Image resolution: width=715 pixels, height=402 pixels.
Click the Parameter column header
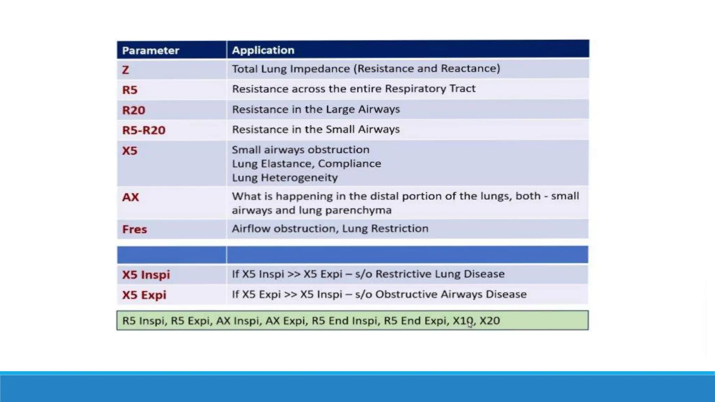(x=150, y=51)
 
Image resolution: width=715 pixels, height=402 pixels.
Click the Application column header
(x=263, y=50)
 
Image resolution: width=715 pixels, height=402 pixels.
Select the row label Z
(x=126, y=70)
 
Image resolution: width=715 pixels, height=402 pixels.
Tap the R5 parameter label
(x=130, y=90)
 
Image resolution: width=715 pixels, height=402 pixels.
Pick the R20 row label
(x=134, y=110)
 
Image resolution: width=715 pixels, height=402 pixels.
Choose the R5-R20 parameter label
(x=144, y=130)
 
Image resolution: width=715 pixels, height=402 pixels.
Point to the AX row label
(x=131, y=197)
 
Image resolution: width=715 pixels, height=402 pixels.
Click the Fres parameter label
(x=134, y=229)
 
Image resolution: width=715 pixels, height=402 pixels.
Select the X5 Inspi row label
(x=146, y=275)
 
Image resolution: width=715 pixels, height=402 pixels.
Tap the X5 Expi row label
(x=144, y=295)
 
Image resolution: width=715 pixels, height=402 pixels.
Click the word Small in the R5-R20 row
(x=339, y=129)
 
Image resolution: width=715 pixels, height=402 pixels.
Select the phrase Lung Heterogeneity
(x=285, y=178)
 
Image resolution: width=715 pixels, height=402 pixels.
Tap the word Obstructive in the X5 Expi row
(x=406, y=294)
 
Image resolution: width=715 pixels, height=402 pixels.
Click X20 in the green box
(x=489, y=320)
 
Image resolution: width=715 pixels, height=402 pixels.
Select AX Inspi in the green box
(x=239, y=320)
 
